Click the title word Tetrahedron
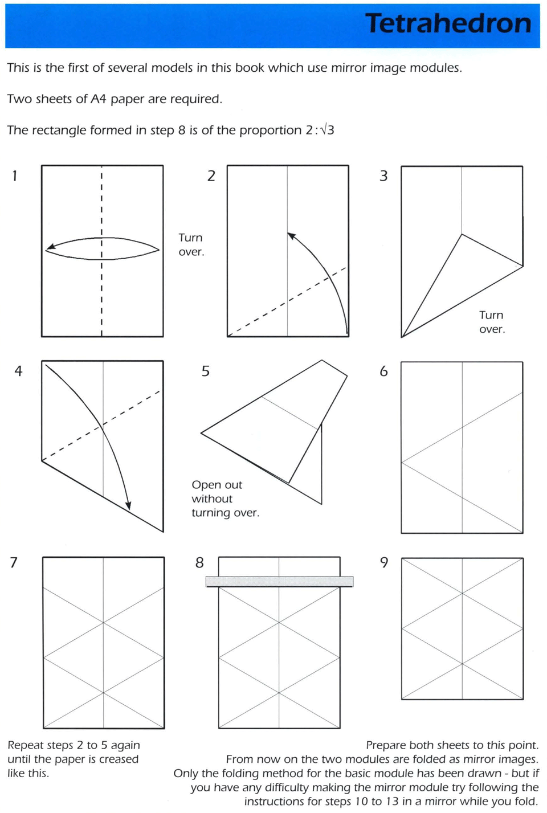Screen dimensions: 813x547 pos(448,24)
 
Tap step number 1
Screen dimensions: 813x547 pos(15,175)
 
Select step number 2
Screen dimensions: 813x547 pos(211,175)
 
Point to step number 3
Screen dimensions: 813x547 pos(383,175)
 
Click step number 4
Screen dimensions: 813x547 pos(18,371)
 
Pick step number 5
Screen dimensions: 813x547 pos(206,371)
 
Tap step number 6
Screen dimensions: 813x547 pos(383,371)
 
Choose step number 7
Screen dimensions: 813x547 pos(14,562)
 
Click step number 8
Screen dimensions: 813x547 pos(199,562)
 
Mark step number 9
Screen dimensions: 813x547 pos(383,562)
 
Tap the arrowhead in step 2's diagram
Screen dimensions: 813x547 pos(291,235)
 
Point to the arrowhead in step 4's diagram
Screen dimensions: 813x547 pos(129,505)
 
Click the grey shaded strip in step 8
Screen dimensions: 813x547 pos(279,582)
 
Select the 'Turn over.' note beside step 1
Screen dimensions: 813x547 pos(191,244)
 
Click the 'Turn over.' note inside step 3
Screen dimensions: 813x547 pos(492,322)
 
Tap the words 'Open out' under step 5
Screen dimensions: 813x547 pos(217,485)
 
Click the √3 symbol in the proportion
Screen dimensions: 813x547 pos(328,130)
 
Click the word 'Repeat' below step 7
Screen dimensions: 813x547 pos(26,745)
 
